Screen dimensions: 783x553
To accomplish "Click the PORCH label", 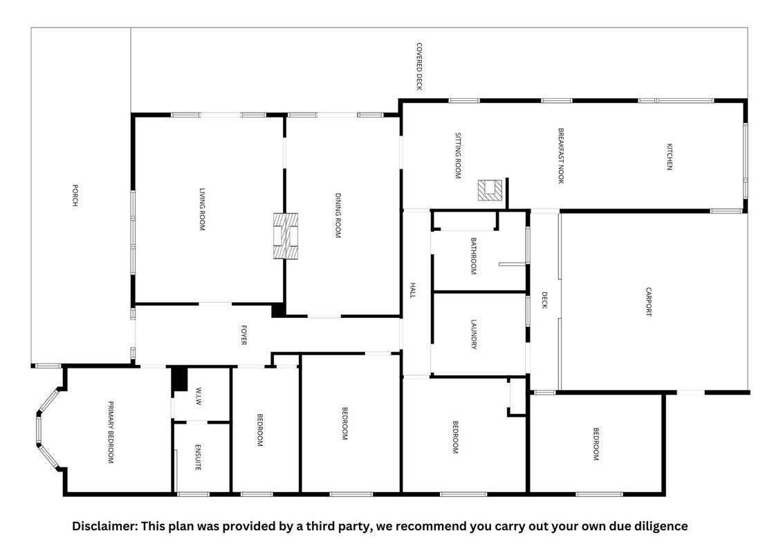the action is click(x=75, y=195).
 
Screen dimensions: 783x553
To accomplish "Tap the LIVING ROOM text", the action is click(x=202, y=209).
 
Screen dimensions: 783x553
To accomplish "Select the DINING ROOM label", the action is click(x=338, y=216).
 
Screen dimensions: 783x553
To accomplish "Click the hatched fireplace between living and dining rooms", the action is click(x=286, y=236).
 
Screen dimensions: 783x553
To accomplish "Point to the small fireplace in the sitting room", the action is click(x=490, y=190).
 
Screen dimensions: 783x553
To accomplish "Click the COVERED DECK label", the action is click(x=419, y=66).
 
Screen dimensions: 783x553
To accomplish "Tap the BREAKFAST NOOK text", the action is click(x=561, y=156).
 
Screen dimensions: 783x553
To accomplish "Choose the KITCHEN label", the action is click(x=670, y=157).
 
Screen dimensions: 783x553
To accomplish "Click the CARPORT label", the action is click(x=649, y=301).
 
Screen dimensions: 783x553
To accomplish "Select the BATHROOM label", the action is click(x=473, y=256).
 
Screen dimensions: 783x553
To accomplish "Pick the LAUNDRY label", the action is click(x=474, y=335).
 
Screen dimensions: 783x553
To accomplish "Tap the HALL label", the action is click(x=412, y=290).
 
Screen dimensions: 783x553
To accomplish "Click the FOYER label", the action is click(x=243, y=335).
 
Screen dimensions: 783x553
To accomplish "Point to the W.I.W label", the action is click(x=199, y=396).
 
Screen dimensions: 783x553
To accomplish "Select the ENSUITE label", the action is click(x=198, y=457).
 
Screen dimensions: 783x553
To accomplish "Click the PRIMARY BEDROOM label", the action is click(x=111, y=432).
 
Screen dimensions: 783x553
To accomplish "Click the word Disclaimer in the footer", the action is click(x=105, y=526).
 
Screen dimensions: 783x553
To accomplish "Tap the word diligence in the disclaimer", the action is click(x=660, y=527).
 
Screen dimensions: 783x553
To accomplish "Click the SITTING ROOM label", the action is click(x=458, y=156).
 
